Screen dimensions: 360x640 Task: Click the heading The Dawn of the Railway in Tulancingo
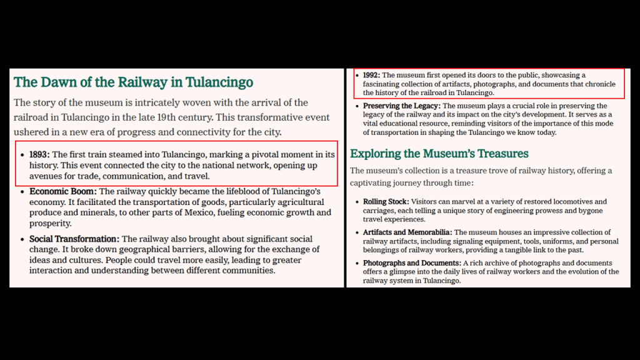133,82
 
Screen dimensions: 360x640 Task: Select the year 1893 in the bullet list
39,154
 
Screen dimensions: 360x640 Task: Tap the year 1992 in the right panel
371,75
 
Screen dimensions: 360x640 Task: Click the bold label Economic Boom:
62,191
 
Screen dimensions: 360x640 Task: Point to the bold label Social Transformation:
74,239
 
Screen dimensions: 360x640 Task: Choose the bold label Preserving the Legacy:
401,106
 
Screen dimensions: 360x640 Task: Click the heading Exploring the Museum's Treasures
439,154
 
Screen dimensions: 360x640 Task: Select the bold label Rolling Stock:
386,202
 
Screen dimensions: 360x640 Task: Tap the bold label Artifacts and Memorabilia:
407,232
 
